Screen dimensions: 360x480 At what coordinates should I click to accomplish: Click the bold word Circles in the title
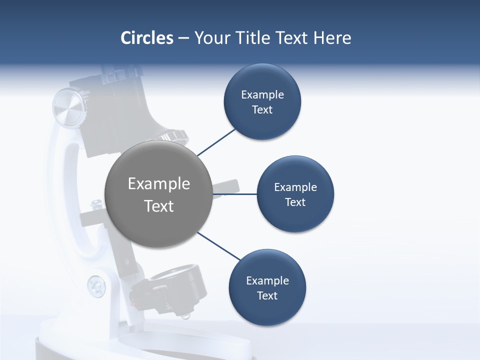coord(146,38)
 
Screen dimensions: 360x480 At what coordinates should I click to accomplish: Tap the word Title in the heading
coord(256,38)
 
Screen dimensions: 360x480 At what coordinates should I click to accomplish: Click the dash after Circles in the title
coord(183,38)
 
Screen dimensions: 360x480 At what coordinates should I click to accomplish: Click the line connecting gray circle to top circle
coord(216,142)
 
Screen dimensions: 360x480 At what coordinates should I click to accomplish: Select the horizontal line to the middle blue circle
coord(234,194)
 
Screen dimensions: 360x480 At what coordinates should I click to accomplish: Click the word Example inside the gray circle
coord(159,184)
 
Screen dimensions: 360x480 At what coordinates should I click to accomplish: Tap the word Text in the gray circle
coord(159,206)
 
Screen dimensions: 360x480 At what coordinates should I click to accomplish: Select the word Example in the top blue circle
coord(262,95)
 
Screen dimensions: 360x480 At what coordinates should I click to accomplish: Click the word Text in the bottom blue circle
coord(267,296)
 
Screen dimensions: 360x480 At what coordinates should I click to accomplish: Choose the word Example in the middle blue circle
coord(295,187)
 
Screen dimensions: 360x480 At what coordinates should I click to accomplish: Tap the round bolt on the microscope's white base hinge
coord(96,286)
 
